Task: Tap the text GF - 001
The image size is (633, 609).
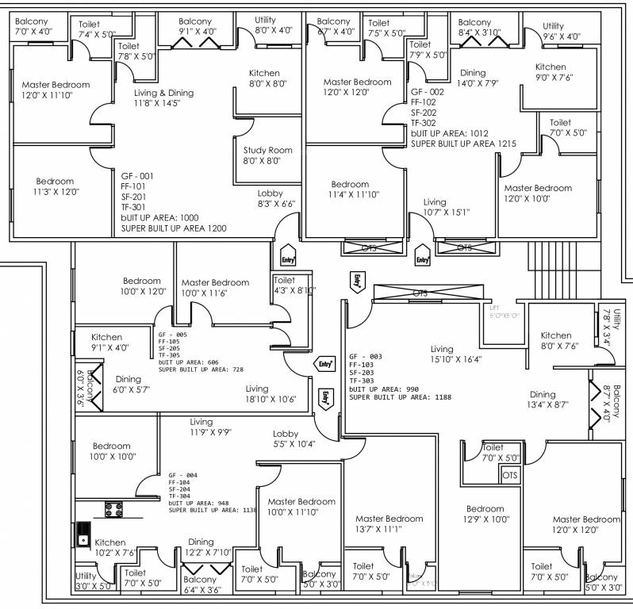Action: [137, 175]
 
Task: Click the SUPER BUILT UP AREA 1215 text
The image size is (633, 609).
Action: [463, 144]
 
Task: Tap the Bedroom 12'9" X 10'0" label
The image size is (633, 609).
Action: [485, 514]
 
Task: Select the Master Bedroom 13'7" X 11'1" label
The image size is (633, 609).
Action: [389, 523]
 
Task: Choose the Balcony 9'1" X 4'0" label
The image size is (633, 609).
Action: [196, 26]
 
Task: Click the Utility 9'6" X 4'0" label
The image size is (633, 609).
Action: [562, 31]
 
